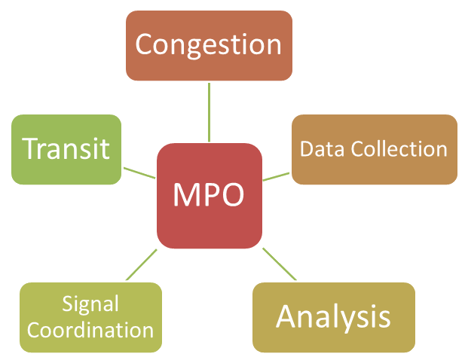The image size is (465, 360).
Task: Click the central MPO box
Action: [x=210, y=196]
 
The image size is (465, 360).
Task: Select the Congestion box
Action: [x=209, y=46]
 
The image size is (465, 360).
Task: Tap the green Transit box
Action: [x=66, y=150]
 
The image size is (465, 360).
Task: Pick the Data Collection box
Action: [x=375, y=150]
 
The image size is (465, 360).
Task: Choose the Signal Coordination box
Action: [x=90, y=317]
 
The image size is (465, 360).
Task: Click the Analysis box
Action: [x=334, y=317]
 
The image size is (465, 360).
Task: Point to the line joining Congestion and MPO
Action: [x=209, y=112]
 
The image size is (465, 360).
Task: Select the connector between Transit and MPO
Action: [x=139, y=173]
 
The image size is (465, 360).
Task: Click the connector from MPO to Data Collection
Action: [x=276, y=176]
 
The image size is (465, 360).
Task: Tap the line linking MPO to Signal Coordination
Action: [x=142, y=264]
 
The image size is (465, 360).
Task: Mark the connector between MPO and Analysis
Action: [x=280, y=264]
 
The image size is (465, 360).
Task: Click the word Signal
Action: [x=90, y=304]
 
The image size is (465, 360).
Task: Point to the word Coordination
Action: [x=90, y=330]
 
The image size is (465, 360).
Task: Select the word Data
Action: [x=323, y=148]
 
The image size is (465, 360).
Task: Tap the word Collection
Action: [x=399, y=148]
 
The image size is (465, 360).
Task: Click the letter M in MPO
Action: [x=184, y=194]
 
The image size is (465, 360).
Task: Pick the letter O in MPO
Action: [x=232, y=194]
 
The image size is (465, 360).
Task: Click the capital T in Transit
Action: [x=30, y=148]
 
